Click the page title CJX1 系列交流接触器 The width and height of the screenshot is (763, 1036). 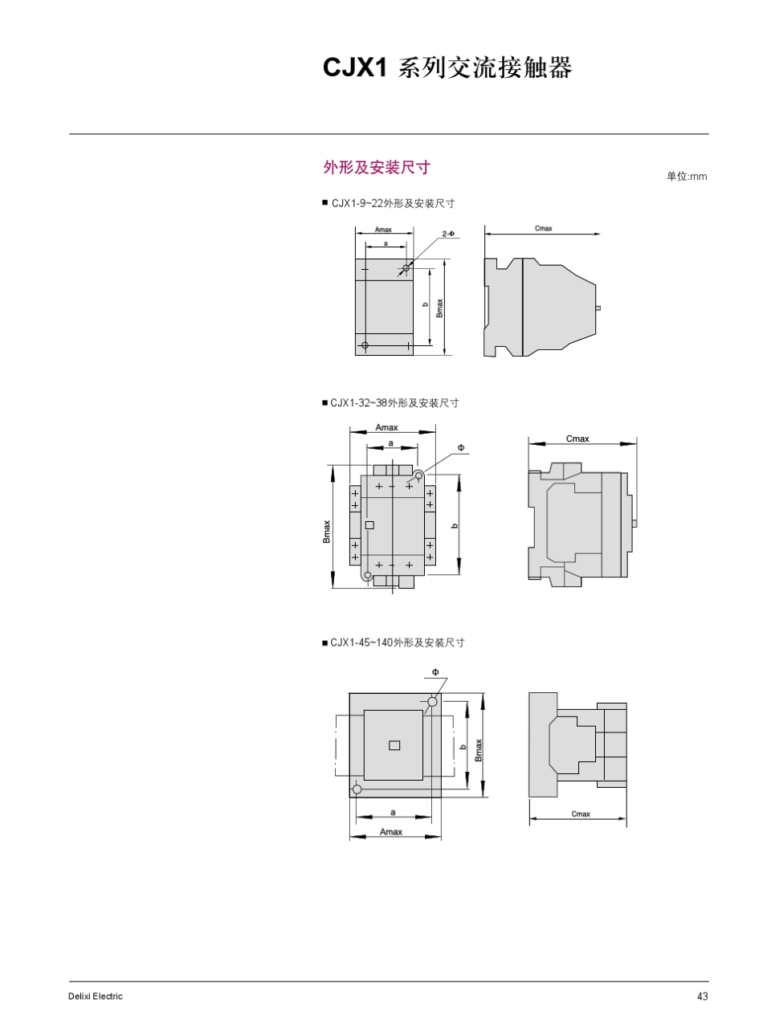coord(447,69)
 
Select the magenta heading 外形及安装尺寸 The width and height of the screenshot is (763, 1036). coord(377,167)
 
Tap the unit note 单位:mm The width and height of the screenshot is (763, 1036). coord(686,177)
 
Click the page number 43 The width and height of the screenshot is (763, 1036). coord(702,997)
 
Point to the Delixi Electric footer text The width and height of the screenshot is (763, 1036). coord(96,997)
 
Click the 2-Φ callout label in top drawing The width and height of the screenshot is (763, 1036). coord(448,234)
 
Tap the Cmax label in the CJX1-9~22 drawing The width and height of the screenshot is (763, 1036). coord(544,229)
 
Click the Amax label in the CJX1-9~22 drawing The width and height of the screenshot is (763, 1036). coord(383,230)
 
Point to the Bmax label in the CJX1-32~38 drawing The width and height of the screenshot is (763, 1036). coord(327,532)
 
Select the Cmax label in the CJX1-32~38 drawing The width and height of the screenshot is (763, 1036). coord(577,438)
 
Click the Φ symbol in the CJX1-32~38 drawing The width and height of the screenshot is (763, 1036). coord(461,447)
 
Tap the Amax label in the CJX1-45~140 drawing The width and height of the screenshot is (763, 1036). coord(391,832)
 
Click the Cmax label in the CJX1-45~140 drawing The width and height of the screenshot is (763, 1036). coord(581,814)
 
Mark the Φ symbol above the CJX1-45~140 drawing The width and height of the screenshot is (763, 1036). coord(435,671)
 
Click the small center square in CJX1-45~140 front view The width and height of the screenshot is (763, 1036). coord(394,745)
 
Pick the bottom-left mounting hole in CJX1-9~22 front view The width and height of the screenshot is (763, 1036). coord(365,345)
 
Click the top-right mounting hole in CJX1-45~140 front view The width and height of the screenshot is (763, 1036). coord(432,702)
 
